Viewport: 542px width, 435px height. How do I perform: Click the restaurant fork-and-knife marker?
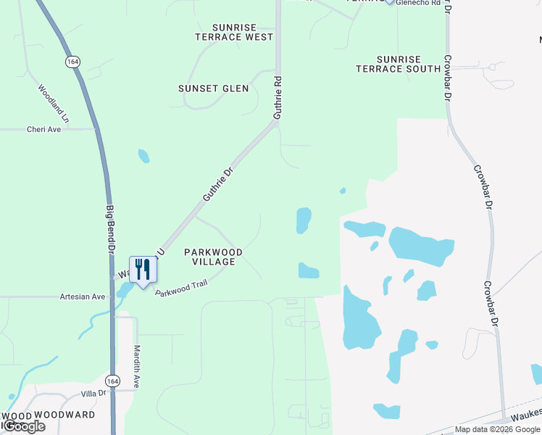tap(142, 270)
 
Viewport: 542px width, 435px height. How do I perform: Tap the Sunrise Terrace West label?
tap(234, 32)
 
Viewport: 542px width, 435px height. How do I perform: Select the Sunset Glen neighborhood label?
tap(214, 88)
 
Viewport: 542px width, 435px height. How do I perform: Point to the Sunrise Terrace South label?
tap(398, 64)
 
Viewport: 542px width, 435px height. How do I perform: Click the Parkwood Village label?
tap(213, 257)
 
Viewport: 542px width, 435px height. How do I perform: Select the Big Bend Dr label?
tap(111, 228)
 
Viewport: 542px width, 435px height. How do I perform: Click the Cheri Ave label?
tap(43, 129)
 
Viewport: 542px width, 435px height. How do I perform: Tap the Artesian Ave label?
tap(83, 297)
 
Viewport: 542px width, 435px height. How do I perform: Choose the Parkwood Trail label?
tap(181, 283)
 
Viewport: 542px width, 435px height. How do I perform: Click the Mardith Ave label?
tap(136, 366)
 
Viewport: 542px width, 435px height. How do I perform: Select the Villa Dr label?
tap(93, 393)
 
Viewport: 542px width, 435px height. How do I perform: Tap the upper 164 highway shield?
tap(72, 62)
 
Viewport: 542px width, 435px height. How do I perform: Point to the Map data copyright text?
tap(497, 429)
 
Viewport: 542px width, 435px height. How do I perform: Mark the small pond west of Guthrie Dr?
tap(143, 155)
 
